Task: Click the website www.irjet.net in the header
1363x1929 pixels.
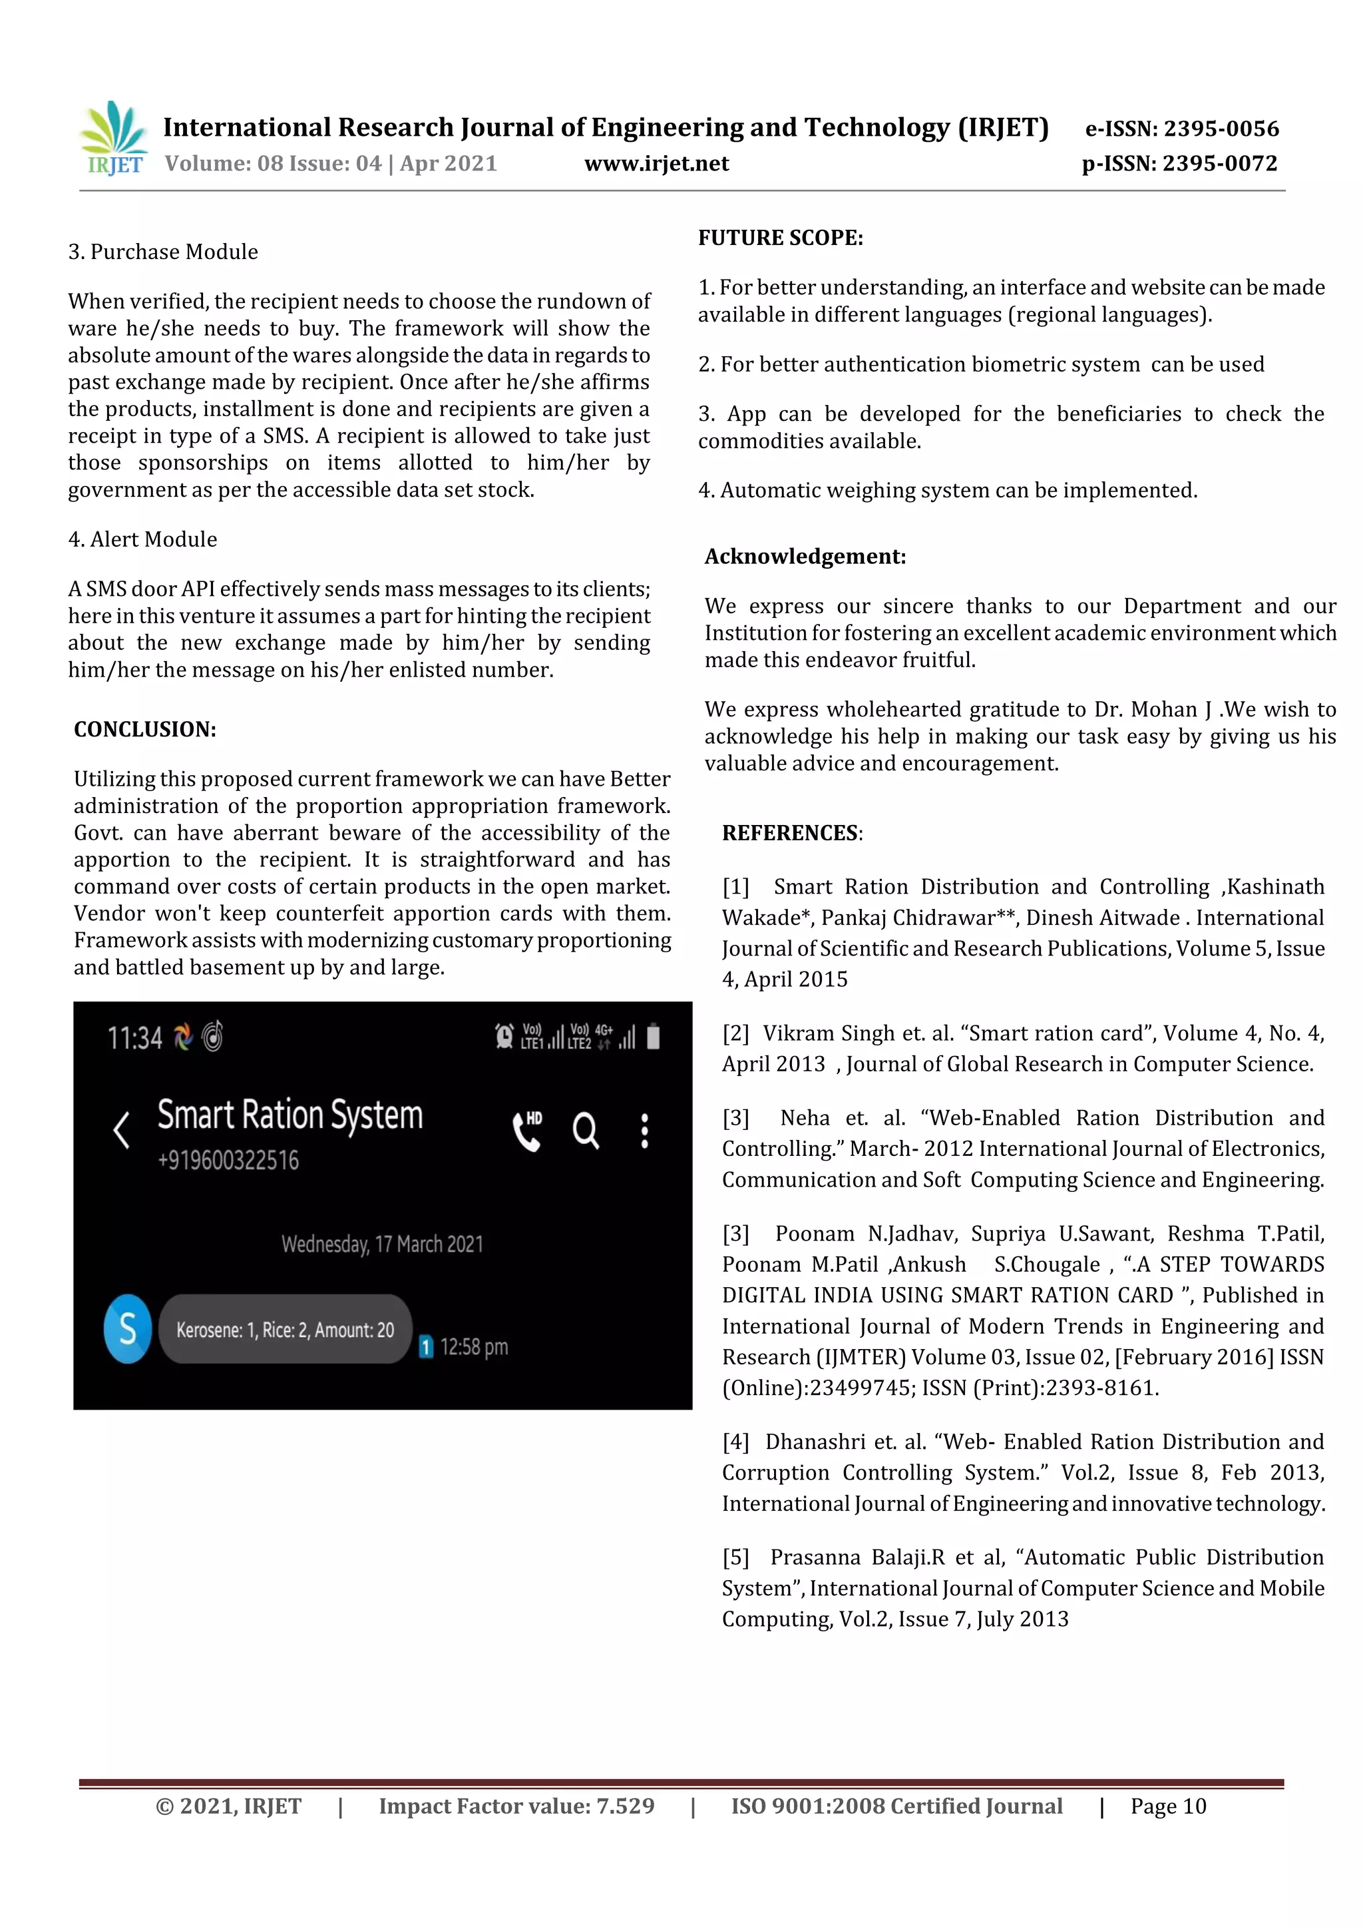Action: (656, 163)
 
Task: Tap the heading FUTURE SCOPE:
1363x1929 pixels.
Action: (780, 238)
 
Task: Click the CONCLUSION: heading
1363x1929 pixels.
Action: (144, 729)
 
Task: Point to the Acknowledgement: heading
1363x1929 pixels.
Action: (805, 556)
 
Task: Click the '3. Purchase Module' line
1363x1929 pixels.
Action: (163, 252)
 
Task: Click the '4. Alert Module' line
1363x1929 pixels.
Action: (143, 539)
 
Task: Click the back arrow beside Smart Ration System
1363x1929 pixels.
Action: (122, 1130)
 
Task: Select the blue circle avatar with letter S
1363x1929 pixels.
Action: (128, 1328)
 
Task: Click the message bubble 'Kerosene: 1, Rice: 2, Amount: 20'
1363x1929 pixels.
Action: (285, 1329)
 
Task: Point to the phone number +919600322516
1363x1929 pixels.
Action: (228, 1160)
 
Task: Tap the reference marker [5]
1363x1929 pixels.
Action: (735, 1557)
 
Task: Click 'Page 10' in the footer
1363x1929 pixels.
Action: (1167, 1806)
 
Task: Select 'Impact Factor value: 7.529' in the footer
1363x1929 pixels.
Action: (516, 1806)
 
